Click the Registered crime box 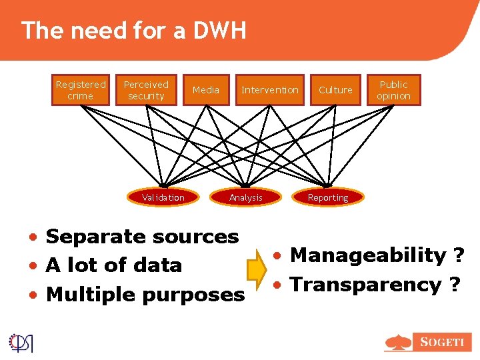click(x=81, y=90)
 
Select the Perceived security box click(x=146, y=90)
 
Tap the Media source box click(x=205, y=90)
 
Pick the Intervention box click(x=270, y=90)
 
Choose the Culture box click(x=335, y=90)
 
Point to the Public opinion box click(x=394, y=90)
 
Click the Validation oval click(x=163, y=197)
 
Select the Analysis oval click(x=246, y=197)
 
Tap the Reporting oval click(x=328, y=197)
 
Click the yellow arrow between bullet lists click(x=257, y=269)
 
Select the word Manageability click(x=369, y=255)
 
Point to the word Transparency click(x=365, y=285)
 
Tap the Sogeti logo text click(x=441, y=342)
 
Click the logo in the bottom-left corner click(x=21, y=342)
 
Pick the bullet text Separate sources click(x=142, y=237)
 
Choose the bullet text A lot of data click(x=114, y=265)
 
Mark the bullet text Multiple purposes click(x=145, y=295)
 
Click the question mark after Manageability click(x=459, y=255)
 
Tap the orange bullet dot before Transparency click(x=283, y=285)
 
